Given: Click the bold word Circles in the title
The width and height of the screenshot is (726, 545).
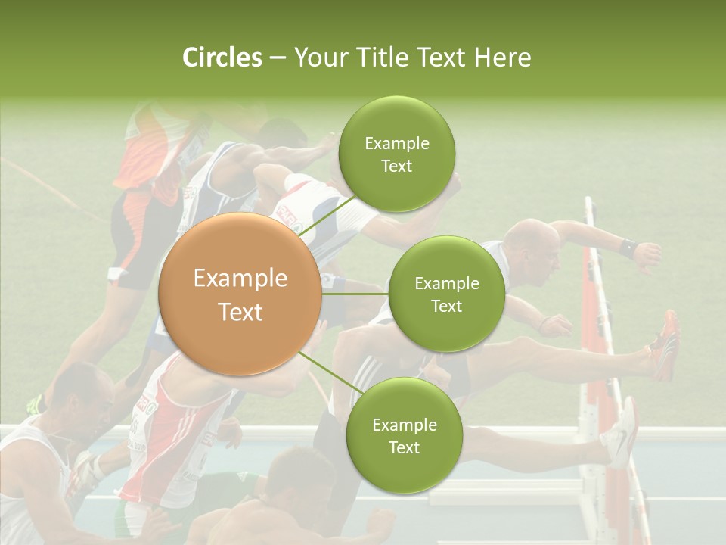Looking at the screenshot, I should [x=222, y=57].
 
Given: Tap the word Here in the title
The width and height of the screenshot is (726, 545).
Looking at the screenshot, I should [x=502, y=57].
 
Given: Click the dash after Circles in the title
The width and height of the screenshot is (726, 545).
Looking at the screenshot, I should [x=278, y=58].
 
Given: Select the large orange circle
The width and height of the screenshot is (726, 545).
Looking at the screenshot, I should [x=240, y=294].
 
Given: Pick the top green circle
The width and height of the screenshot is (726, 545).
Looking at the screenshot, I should [x=396, y=154].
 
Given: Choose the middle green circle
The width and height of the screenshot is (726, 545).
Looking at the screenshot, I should [x=446, y=294].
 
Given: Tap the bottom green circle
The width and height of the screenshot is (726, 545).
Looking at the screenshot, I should [x=404, y=435].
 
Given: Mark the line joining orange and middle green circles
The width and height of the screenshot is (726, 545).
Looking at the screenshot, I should [x=355, y=294].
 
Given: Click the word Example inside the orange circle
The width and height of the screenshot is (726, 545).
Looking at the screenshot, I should [x=240, y=279].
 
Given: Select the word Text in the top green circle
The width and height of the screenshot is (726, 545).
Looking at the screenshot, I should [x=396, y=167].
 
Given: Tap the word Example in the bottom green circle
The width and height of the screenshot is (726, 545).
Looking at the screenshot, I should [x=404, y=425].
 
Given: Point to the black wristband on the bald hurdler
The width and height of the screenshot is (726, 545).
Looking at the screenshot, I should [x=626, y=247].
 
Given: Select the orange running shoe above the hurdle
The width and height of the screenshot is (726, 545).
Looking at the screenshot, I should [x=665, y=344].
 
